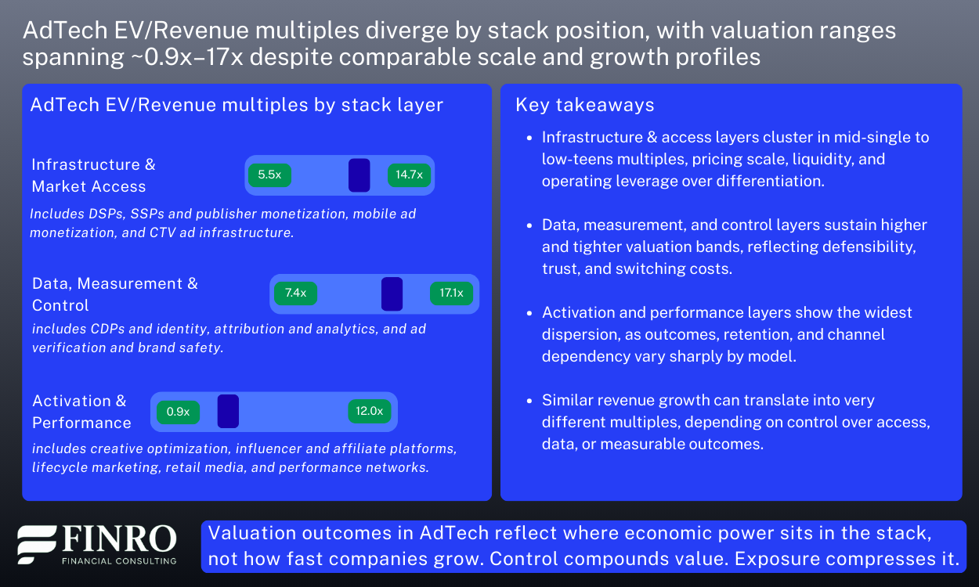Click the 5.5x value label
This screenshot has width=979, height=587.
coord(269,175)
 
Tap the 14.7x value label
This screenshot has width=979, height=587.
coord(409,175)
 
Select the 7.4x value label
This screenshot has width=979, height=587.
coord(295,293)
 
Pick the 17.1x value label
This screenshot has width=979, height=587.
coord(451,293)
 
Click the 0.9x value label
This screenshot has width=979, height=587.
coord(178,412)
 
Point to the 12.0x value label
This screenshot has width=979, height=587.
coord(369,411)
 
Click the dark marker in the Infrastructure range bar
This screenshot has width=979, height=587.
coord(359,175)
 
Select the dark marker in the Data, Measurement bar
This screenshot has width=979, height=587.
coord(392,293)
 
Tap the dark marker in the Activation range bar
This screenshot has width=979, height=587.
coord(228,412)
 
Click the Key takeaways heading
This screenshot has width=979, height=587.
coord(584,105)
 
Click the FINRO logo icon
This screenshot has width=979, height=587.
coord(37,545)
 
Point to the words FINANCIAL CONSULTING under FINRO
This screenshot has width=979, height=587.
coord(119,560)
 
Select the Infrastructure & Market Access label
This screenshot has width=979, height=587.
coord(93,175)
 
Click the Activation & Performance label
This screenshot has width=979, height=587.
coord(81,412)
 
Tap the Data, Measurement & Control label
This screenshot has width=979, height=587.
coord(115,294)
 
